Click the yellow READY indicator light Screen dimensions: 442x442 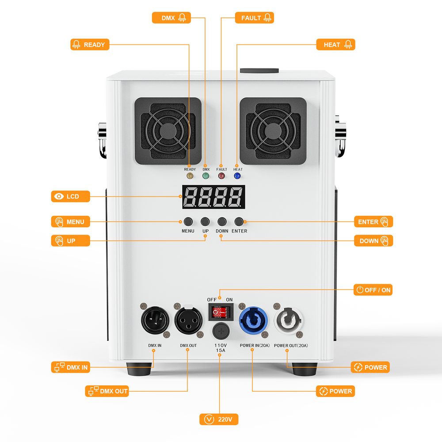[x=190, y=176]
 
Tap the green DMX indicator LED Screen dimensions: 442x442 [x=206, y=176]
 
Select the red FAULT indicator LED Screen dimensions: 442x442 [x=221, y=176]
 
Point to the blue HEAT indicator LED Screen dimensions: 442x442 [x=237, y=176]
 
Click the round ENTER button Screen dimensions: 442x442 [x=239, y=221]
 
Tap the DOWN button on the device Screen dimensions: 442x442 [x=222, y=221]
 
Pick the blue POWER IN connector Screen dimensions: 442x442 [x=251, y=318]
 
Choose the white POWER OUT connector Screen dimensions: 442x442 [x=287, y=318]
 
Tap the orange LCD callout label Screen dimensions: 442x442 [x=71, y=196]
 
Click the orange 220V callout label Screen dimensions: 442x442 [x=219, y=419]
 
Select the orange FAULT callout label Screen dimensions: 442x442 [x=254, y=18]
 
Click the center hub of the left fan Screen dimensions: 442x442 [x=168, y=131]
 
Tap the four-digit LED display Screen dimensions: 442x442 [x=213, y=197]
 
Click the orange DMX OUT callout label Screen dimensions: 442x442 [x=107, y=391]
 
